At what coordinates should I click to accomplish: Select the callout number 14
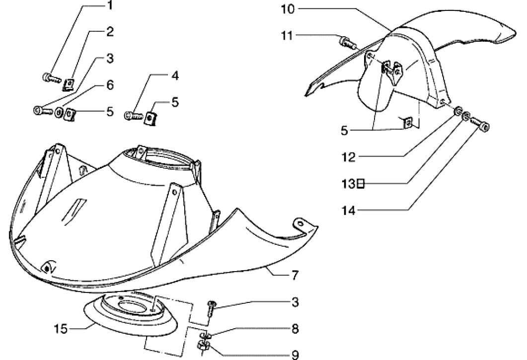pos(350,210)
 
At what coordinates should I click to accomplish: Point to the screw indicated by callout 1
pos(49,77)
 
